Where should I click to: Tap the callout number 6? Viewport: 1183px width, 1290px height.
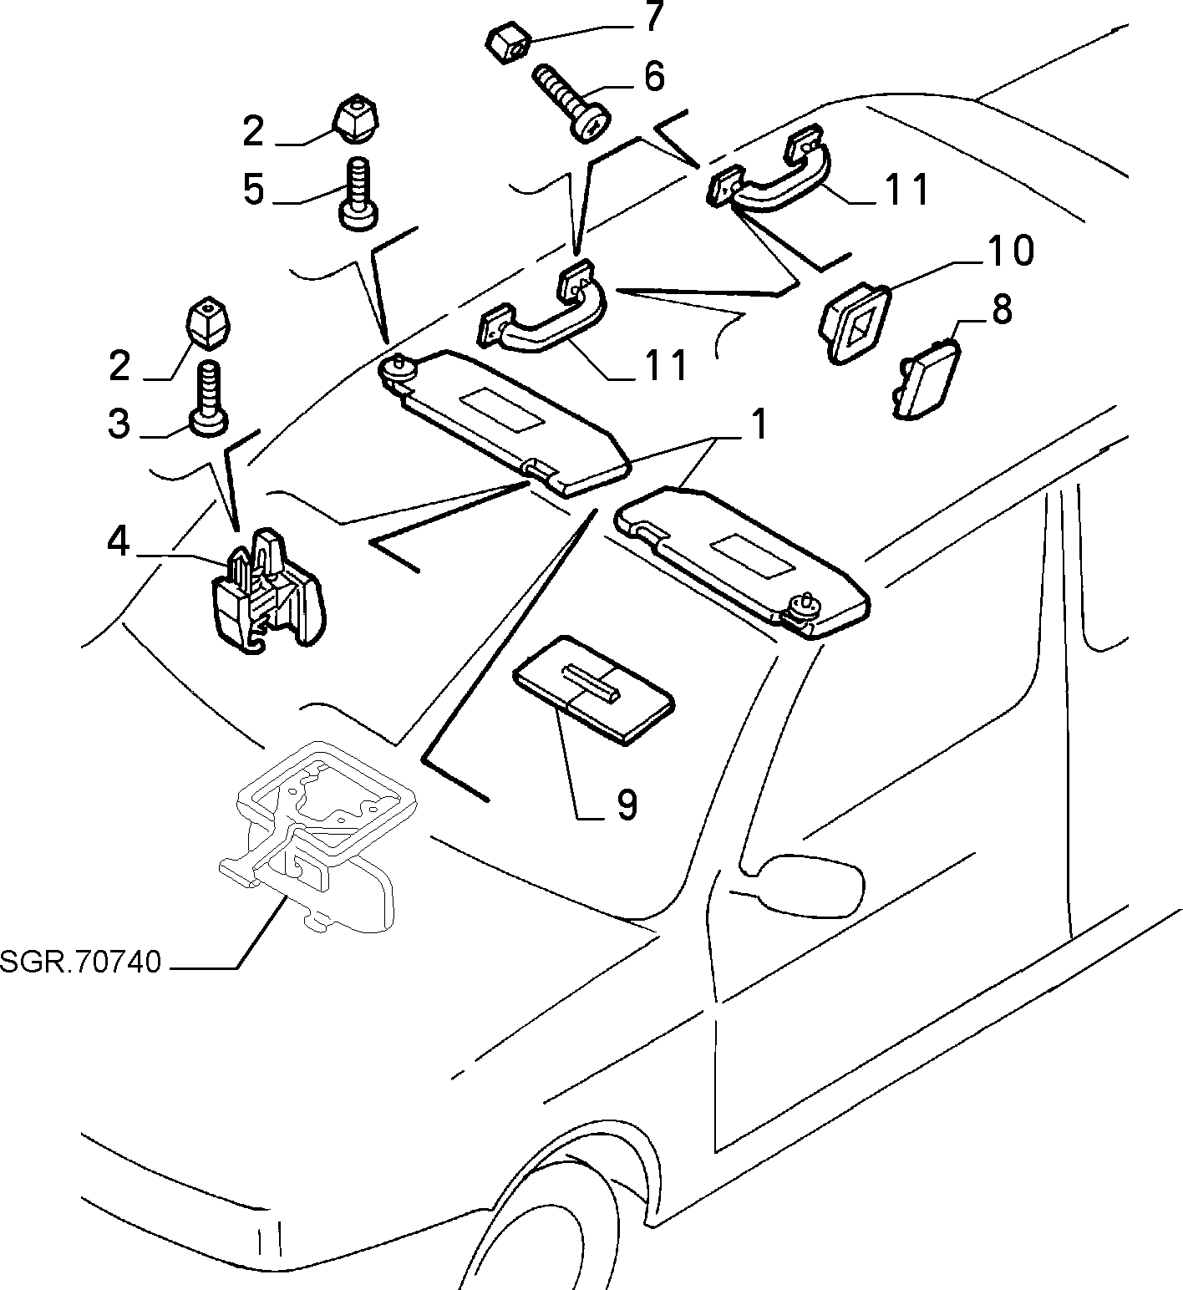[x=653, y=76]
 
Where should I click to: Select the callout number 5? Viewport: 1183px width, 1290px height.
[x=253, y=190]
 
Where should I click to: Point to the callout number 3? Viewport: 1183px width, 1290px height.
[x=119, y=424]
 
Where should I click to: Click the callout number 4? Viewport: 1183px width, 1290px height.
[x=119, y=542]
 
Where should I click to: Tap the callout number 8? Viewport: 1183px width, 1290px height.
[x=1001, y=308]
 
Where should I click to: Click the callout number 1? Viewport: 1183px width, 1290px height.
[x=757, y=425]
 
